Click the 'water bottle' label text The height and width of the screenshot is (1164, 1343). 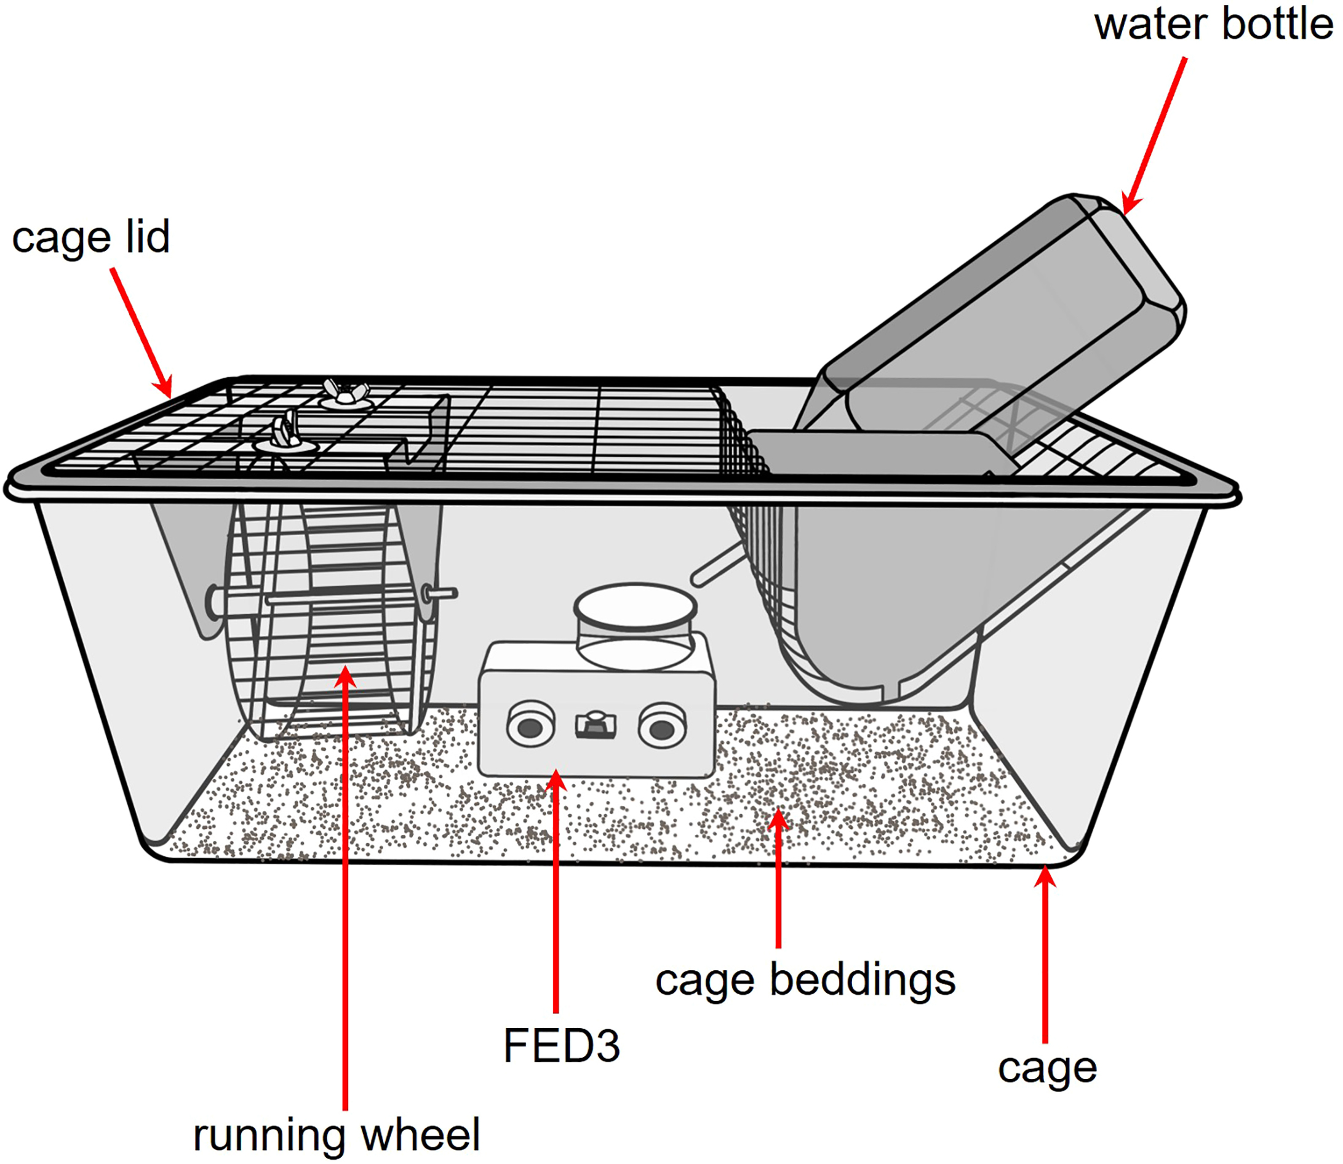pyautogui.click(x=1213, y=25)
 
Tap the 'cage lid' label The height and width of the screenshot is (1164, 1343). pyautogui.click(x=91, y=237)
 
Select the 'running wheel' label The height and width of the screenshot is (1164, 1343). pyautogui.click(x=337, y=1134)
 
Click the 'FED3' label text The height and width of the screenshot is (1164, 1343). pyautogui.click(x=562, y=1045)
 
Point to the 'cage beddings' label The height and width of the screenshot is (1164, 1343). pyautogui.click(x=805, y=980)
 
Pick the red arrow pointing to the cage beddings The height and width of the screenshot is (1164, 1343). pyautogui.click(x=778, y=877)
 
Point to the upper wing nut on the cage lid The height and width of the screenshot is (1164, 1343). pyautogui.click(x=345, y=394)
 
